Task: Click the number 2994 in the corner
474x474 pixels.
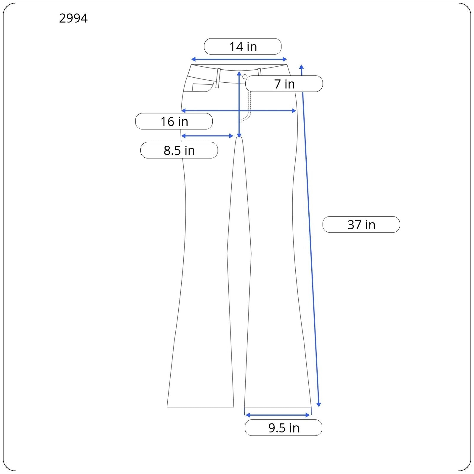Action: (x=73, y=18)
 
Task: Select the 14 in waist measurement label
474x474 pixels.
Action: (x=243, y=47)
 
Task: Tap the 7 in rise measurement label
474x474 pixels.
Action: (x=284, y=84)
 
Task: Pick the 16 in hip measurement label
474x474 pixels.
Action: (x=174, y=121)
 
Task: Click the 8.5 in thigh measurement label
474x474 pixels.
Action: (x=179, y=150)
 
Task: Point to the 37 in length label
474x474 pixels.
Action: (x=361, y=225)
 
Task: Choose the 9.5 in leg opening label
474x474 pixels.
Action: (x=284, y=428)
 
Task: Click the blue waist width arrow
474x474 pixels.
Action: (x=239, y=59)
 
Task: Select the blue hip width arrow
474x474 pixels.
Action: (x=238, y=111)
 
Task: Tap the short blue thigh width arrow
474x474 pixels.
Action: (x=207, y=136)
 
